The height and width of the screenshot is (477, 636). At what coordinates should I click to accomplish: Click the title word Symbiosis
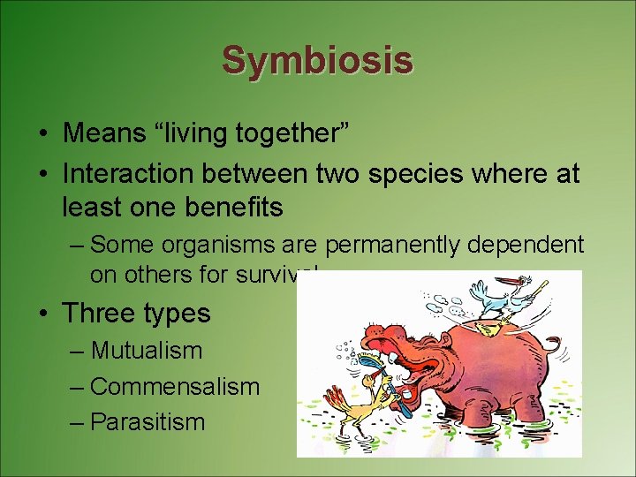click(317, 60)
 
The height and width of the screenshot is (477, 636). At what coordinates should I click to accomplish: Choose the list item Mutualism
click(147, 351)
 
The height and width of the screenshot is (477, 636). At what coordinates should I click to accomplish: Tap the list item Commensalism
click(175, 387)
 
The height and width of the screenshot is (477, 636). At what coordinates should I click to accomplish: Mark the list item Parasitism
click(148, 422)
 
